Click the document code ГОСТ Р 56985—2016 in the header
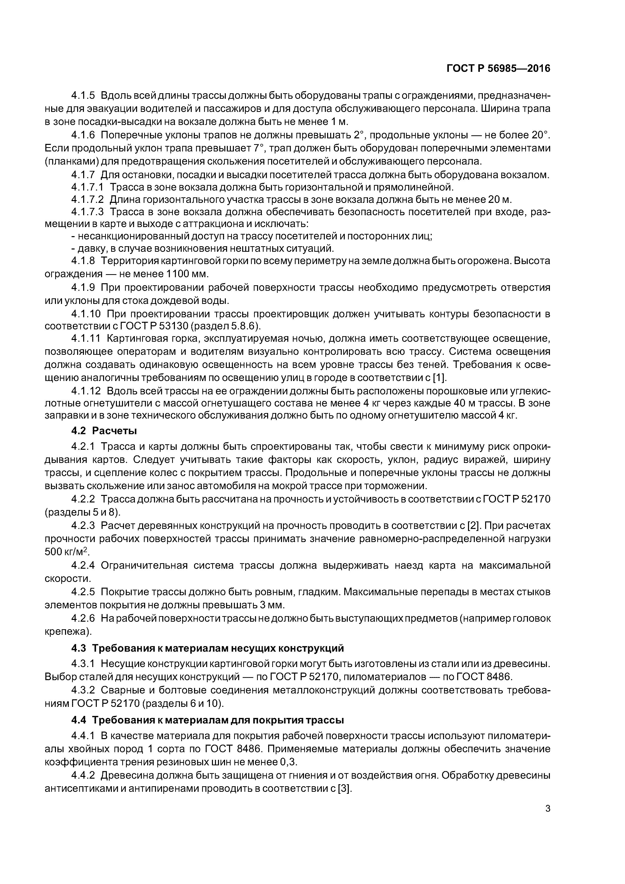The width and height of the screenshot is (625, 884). pyautogui.click(x=498, y=69)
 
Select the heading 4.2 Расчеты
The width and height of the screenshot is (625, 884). pyautogui.click(x=104, y=430)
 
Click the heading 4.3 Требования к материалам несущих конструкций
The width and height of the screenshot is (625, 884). pyautogui.click(x=207, y=649)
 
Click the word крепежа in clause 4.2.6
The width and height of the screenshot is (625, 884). pyautogui.click(x=67, y=632)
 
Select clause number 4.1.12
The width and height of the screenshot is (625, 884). pyautogui.click(x=85, y=391)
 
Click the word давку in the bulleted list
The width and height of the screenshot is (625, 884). pyautogui.click(x=90, y=248)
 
